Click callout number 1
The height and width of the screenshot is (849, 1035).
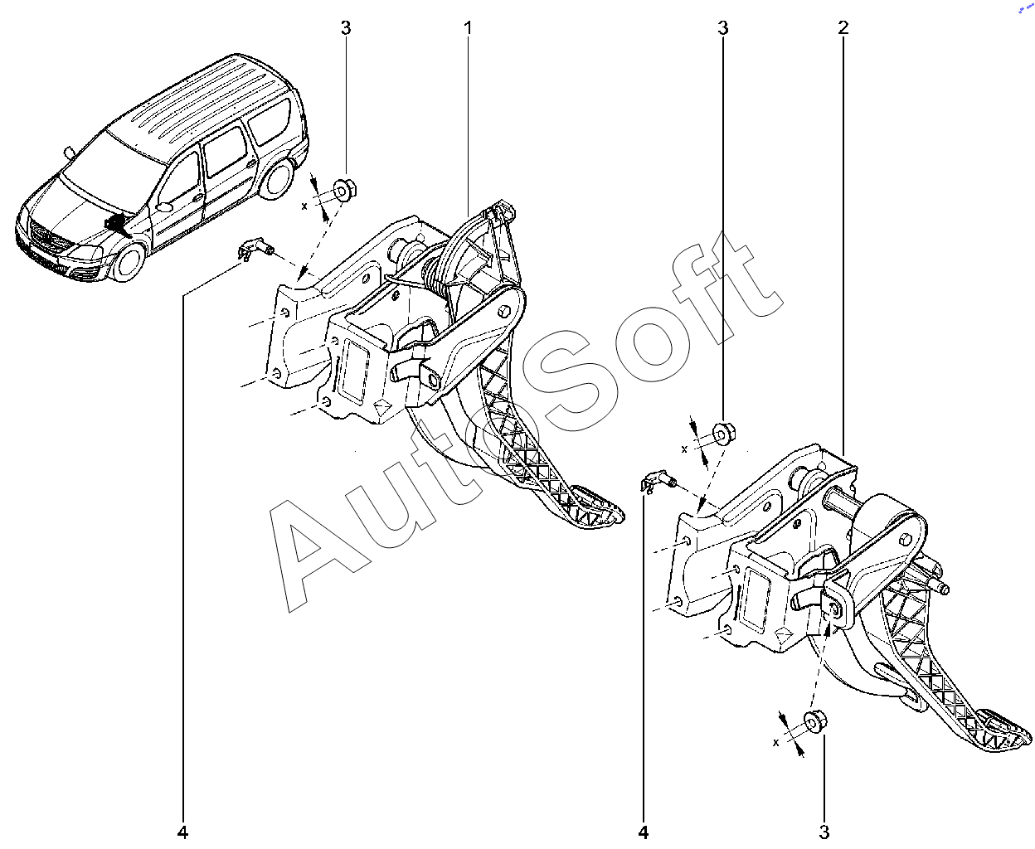tap(468, 28)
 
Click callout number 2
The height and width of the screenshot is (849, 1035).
tap(843, 28)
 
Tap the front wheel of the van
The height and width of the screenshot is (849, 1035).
tap(129, 261)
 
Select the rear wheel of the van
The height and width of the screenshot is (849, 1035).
tap(279, 178)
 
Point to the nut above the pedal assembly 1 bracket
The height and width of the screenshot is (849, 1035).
tap(344, 190)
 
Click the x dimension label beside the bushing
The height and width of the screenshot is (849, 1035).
tap(775, 743)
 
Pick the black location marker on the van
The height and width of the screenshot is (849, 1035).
tap(117, 226)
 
